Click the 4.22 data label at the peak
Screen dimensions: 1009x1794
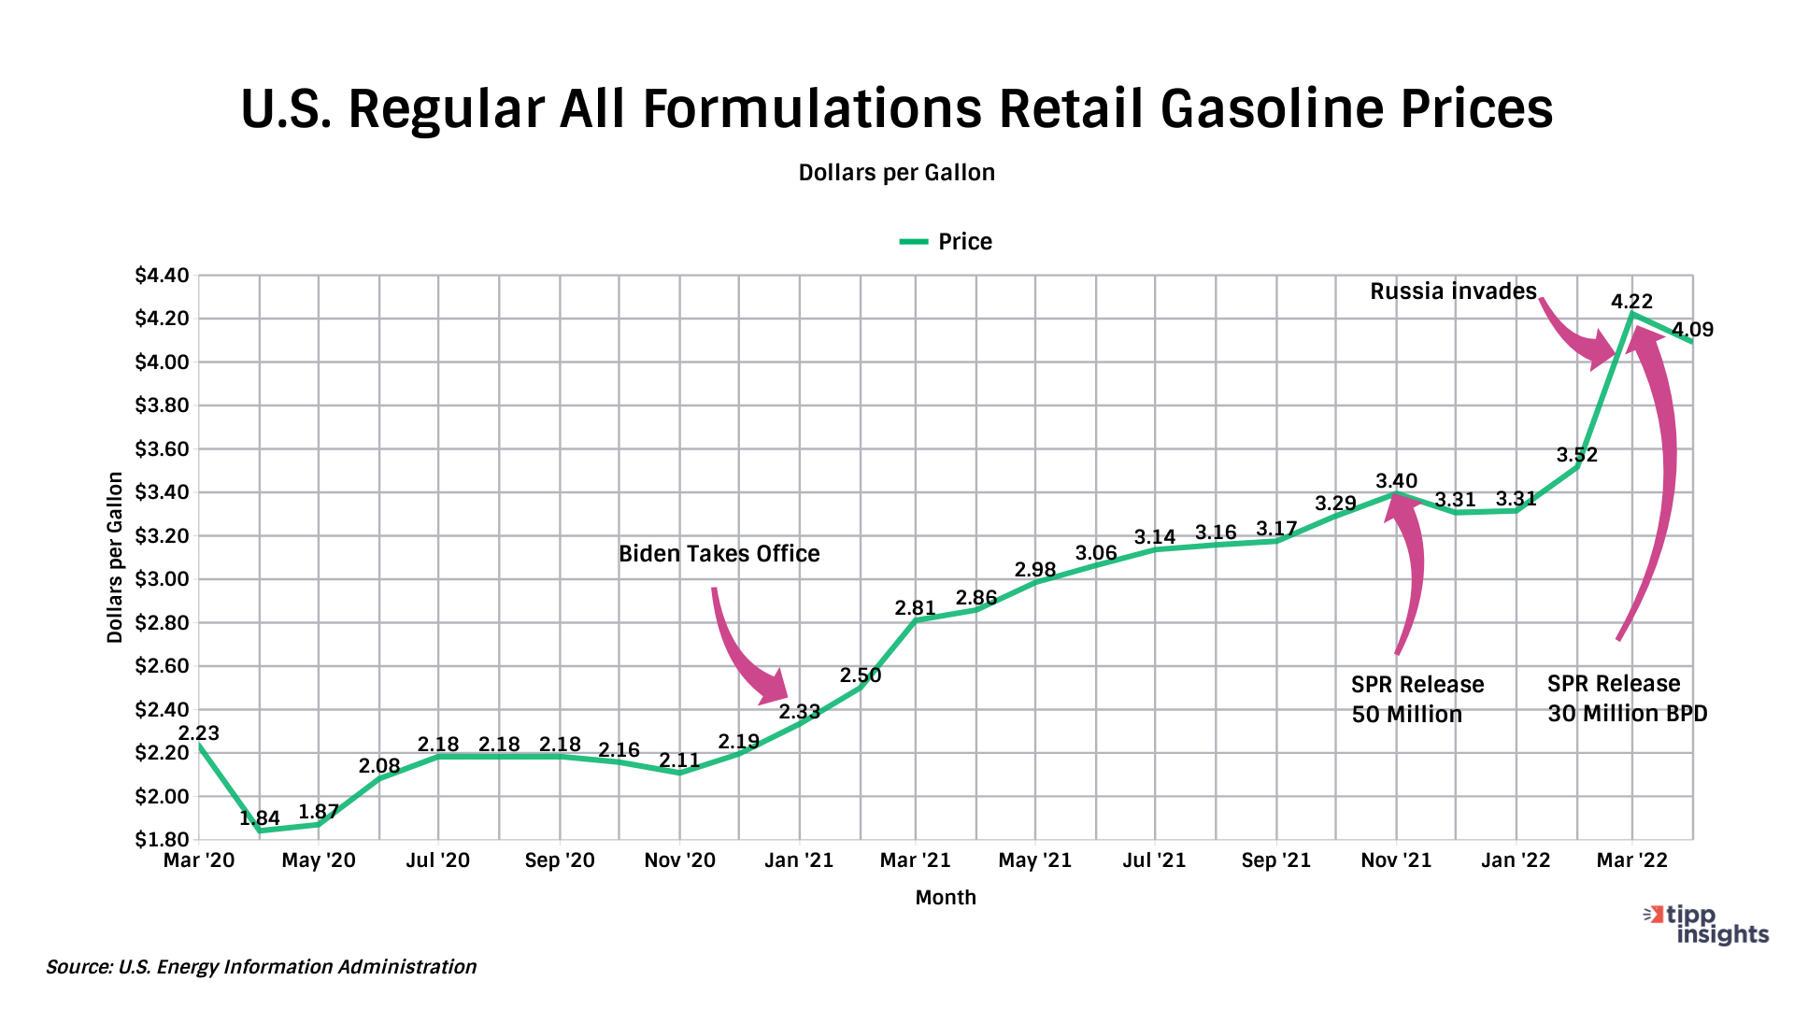point(1631,302)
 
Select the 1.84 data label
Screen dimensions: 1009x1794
point(260,818)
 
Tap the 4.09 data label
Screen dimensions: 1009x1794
point(1692,330)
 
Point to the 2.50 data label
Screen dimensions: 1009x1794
point(860,675)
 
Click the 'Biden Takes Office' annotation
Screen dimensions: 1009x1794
point(719,554)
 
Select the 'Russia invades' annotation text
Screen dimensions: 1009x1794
point(1453,291)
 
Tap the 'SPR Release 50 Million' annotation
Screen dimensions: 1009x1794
point(1417,700)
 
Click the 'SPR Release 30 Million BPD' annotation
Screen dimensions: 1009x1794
point(1627,699)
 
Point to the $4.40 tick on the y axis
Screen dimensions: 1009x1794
point(162,276)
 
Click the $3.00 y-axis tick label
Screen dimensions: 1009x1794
point(162,579)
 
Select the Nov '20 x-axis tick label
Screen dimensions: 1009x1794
point(679,860)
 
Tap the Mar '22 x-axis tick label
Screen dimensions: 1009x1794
point(1631,860)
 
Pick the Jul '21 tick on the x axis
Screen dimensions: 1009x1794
point(1154,860)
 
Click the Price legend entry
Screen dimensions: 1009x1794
point(946,242)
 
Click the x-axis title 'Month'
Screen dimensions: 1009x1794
point(946,898)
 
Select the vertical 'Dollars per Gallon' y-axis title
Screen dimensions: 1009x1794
point(115,558)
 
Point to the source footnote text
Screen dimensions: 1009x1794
point(261,967)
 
